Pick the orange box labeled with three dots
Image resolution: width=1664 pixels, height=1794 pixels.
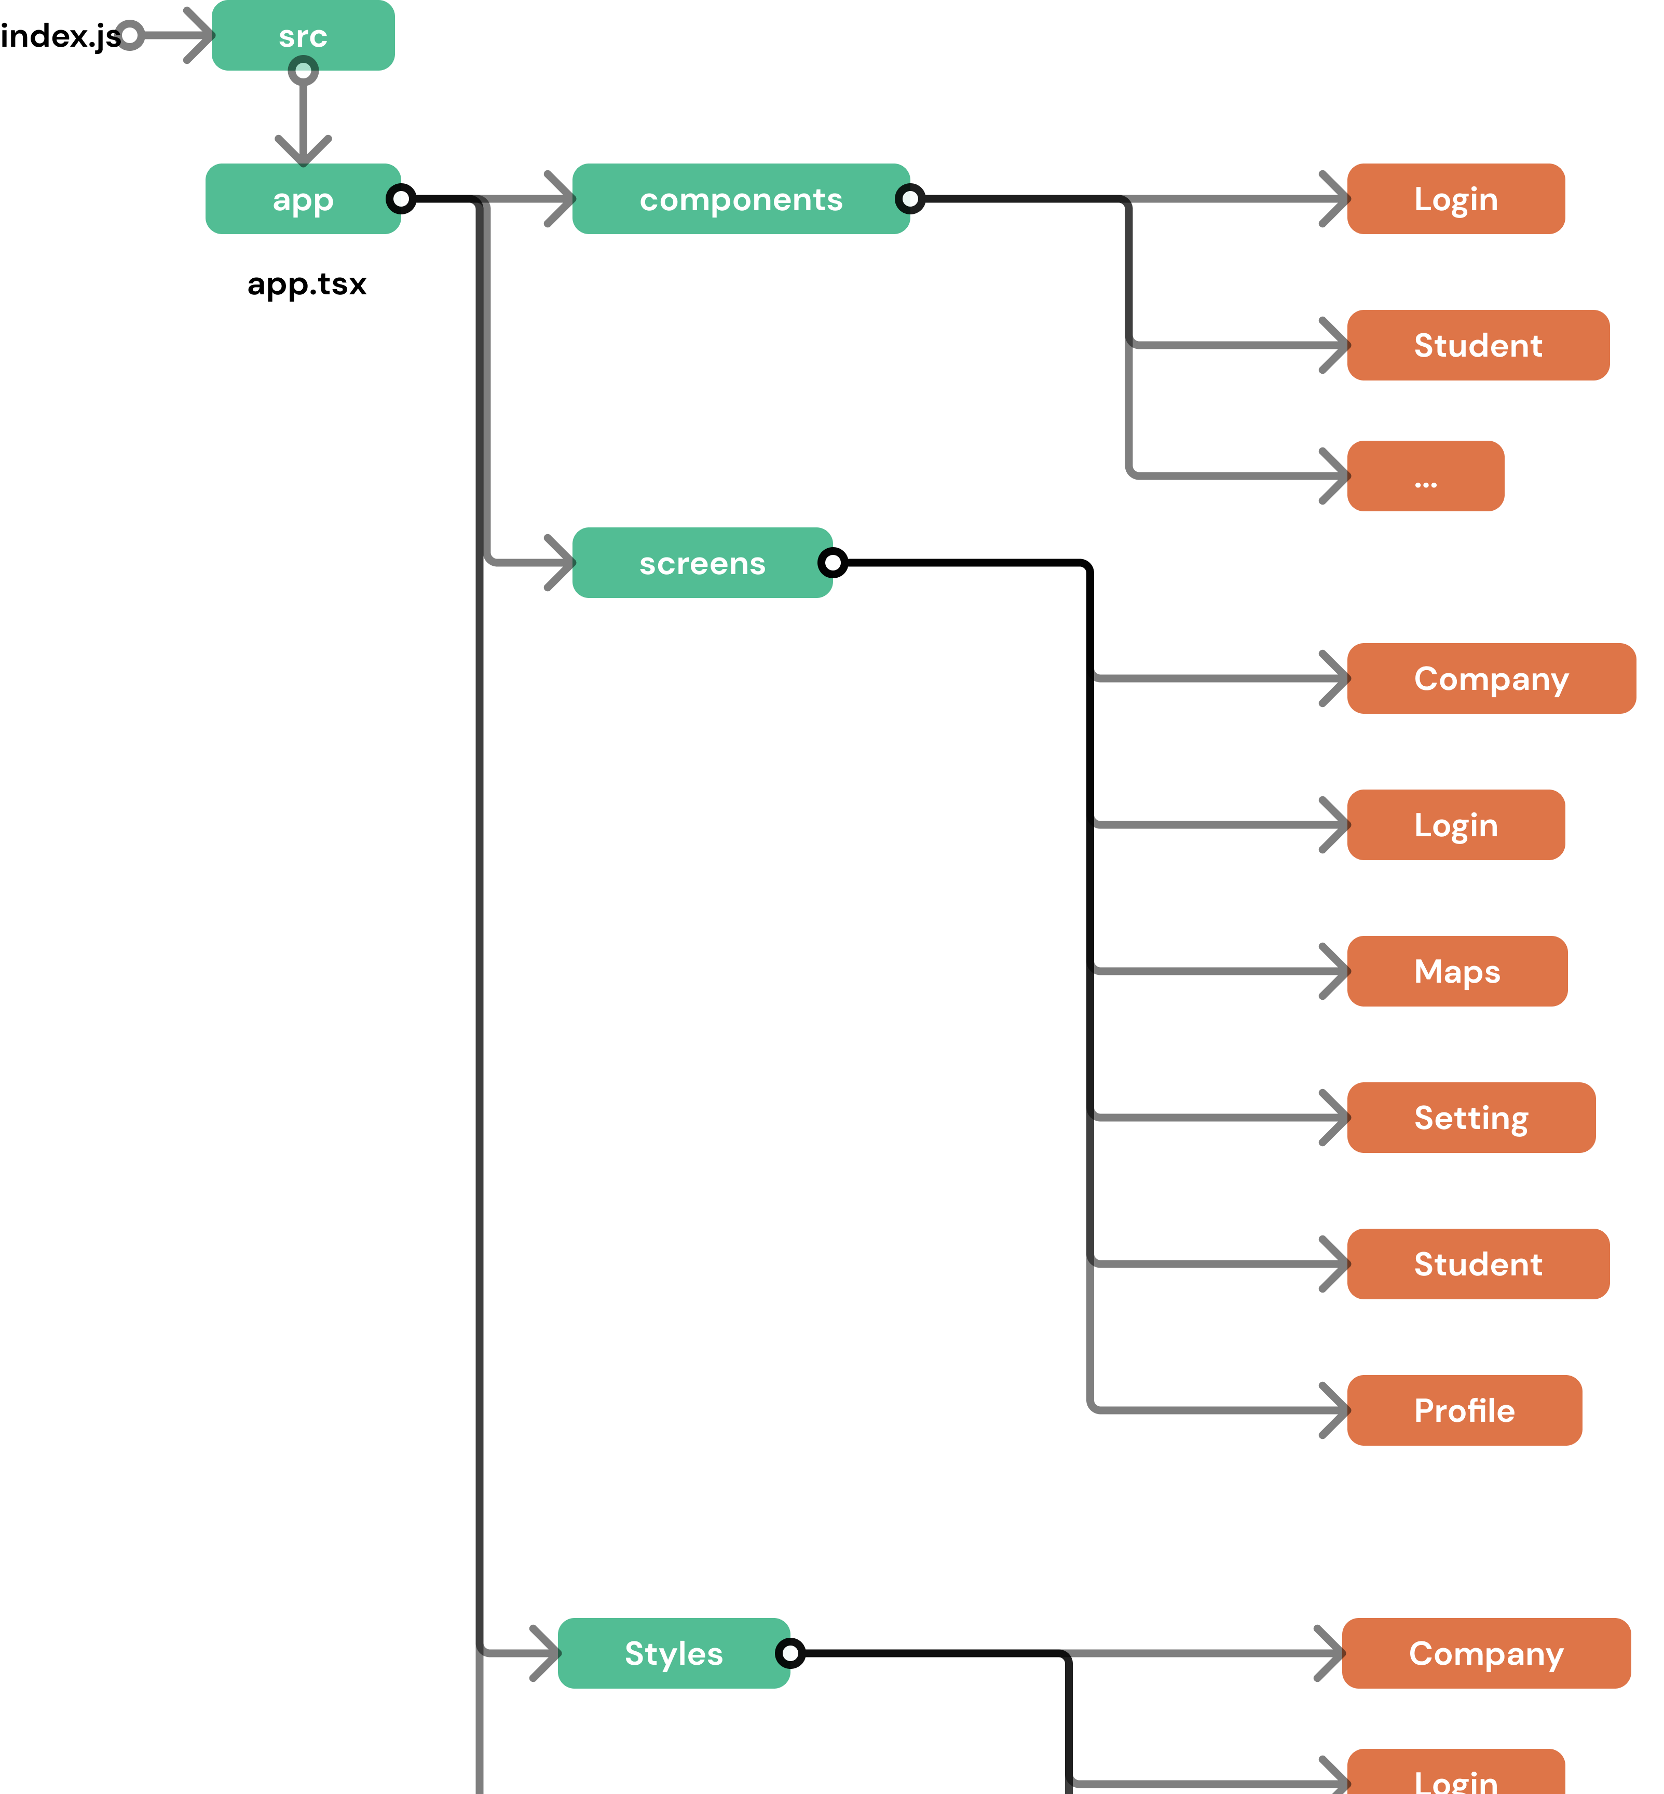[x=1425, y=477]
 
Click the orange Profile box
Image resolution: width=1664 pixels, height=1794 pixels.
[x=1464, y=1410]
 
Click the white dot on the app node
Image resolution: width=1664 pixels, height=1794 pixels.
[x=401, y=199]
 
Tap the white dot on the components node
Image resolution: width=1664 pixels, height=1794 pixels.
[x=910, y=199]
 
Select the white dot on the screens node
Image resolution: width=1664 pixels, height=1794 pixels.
[x=833, y=563]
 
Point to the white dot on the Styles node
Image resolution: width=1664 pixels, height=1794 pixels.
[x=789, y=1653]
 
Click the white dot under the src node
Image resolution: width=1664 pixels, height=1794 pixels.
[x=304, y=70]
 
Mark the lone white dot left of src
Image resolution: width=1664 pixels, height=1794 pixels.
[x=130, y=35]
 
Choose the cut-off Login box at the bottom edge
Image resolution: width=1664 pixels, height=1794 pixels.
[x=1456, y=1774]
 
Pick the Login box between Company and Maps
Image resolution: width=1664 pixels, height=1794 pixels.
[x=1456, y=825]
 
